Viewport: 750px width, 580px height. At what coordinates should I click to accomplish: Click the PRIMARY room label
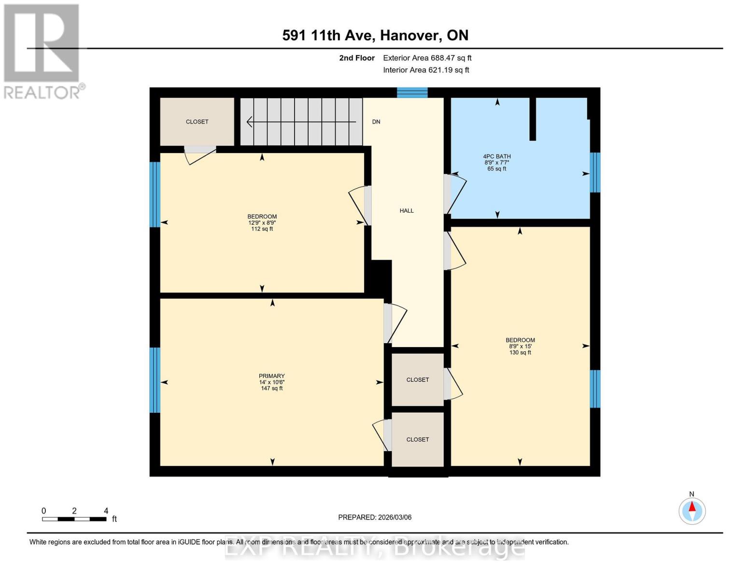click(271, 376)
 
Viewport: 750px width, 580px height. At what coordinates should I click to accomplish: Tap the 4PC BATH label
click(496, 157)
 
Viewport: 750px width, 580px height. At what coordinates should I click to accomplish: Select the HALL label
click(407, 211)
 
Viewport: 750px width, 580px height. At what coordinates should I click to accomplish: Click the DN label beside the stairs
click(376, 122)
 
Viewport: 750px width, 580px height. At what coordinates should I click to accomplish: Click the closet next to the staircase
click(197, 122)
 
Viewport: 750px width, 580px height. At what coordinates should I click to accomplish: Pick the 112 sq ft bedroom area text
click(262, 229)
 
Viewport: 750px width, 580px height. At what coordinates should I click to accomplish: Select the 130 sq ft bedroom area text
click(520, 353)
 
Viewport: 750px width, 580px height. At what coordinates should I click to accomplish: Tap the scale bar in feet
click(74, 519)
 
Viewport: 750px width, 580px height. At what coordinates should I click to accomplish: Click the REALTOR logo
click(42, 51)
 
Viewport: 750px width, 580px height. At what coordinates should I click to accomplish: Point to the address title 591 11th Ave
click(375, 35)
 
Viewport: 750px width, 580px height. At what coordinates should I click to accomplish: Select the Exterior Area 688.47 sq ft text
click(427, 58)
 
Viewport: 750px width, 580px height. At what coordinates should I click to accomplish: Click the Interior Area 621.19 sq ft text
click(426, 70)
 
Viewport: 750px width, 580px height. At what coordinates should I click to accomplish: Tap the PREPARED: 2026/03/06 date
click(375, 517)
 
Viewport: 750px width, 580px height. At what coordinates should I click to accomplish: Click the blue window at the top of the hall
click(412, 92)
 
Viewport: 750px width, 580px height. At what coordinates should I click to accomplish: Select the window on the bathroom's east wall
click(595, 173)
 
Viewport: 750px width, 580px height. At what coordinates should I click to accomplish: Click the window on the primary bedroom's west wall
click(155, 380)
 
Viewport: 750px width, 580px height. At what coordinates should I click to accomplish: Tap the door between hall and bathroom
click(448, 194)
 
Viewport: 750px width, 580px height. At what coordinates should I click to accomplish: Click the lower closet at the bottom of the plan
click(417, 439)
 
